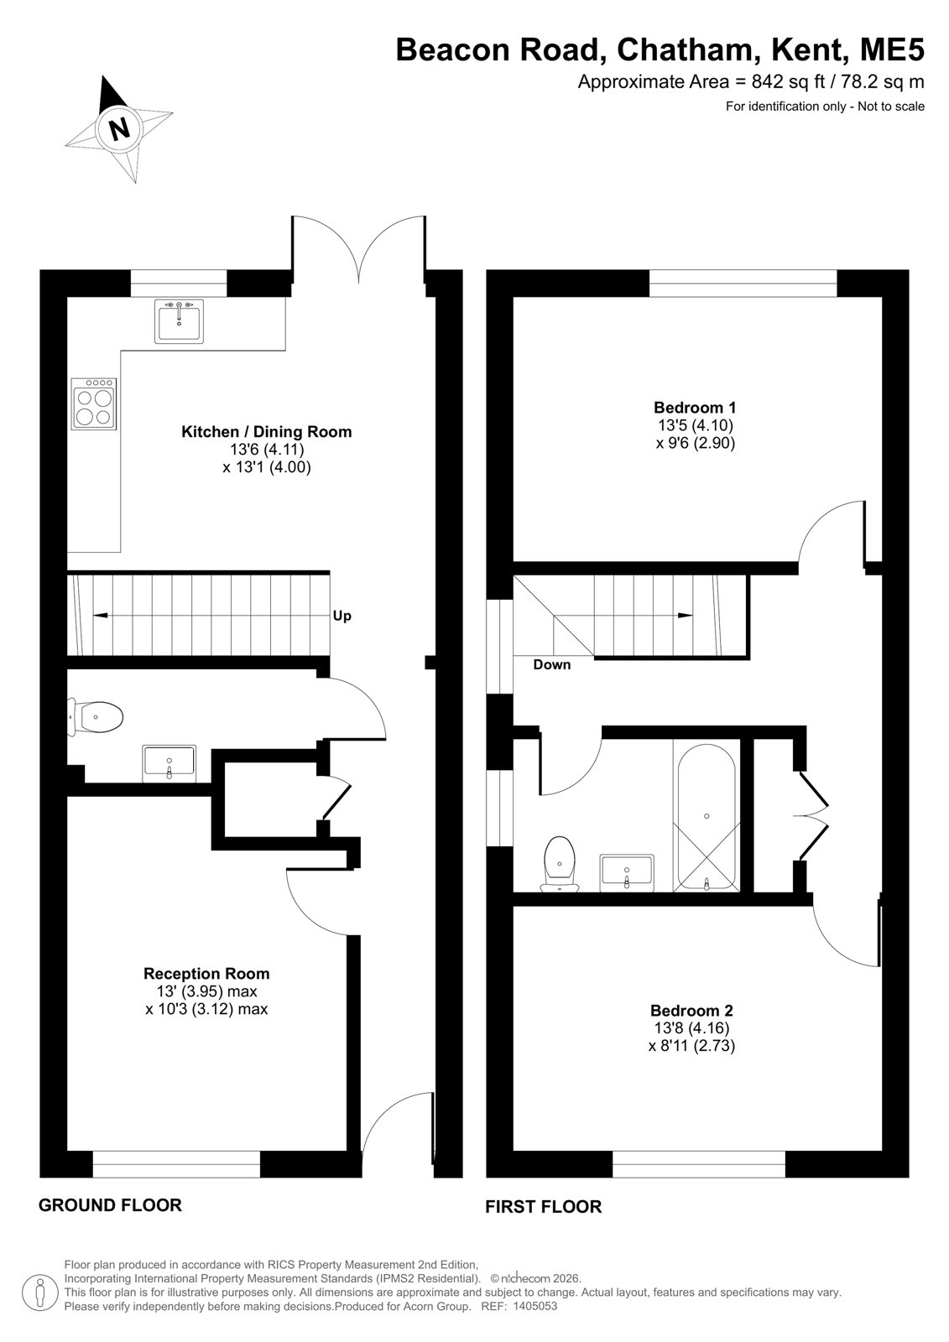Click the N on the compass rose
120,129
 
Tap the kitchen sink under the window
179,321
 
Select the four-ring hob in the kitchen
93,403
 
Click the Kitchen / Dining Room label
267,432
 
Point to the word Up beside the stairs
342,616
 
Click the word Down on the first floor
551,664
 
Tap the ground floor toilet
96,716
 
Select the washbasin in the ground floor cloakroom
169,763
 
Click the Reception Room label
206,974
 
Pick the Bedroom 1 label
695,408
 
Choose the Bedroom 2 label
691,1011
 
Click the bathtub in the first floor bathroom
707,817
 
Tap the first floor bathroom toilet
560,863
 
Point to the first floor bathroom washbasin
627,872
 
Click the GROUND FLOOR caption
110,1204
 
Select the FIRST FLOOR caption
543,1207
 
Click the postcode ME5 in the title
892,50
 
